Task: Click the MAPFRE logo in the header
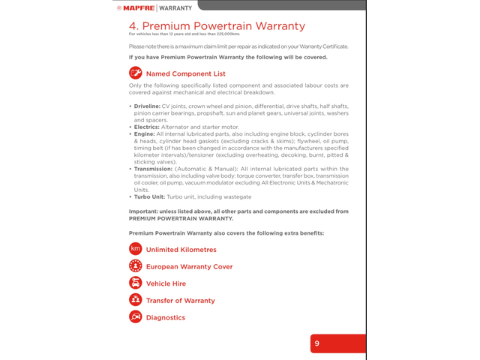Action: pos(135,7)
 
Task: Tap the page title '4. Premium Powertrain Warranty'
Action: pos(217,26)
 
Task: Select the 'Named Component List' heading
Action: pos(185,73)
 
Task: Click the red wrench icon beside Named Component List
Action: pos(136,73)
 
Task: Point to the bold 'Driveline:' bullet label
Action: pos(146,107)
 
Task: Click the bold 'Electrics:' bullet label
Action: pos(146,127)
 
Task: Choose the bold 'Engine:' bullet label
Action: pos(144,133)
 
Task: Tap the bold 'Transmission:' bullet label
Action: pos(153,169)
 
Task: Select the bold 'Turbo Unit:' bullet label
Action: pos(150,196)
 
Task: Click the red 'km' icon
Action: pos(136,249)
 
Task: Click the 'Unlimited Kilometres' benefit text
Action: pos(181,250)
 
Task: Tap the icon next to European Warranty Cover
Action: pos(136,266)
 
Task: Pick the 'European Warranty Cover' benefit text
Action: pos(189,267)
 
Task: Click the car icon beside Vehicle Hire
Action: pos(136,283)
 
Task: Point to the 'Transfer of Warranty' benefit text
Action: pos(180,301)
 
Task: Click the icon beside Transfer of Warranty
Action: pos(136,300)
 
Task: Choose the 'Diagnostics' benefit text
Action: pos(165,318)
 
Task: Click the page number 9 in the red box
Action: pos(317,343)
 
